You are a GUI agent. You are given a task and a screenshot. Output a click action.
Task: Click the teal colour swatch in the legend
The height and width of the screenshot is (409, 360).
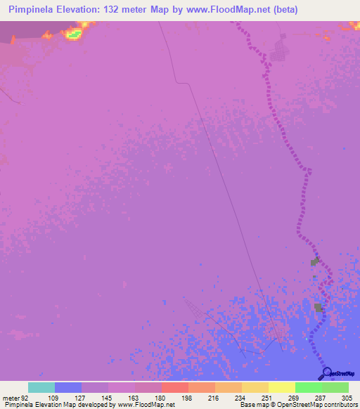[x=41, y=387]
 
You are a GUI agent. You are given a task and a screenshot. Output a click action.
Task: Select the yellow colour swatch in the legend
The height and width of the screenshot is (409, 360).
[x=282, y=387]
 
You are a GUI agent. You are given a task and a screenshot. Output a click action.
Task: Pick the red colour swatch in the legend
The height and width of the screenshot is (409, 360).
[x=175, y=387]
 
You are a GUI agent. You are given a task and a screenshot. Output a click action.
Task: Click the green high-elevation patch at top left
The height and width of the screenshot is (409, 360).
[x=74, y=33]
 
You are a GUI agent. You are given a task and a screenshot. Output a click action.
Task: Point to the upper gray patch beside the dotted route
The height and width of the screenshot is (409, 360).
[x=314, y=262]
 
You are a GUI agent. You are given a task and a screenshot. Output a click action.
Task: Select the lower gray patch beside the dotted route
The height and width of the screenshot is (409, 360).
[x=319, y=307]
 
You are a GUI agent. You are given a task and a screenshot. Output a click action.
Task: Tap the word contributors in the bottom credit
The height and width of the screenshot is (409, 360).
[x=340, y=405]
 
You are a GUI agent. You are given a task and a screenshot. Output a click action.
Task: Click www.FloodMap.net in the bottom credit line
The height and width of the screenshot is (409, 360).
[x=146, y=405]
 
